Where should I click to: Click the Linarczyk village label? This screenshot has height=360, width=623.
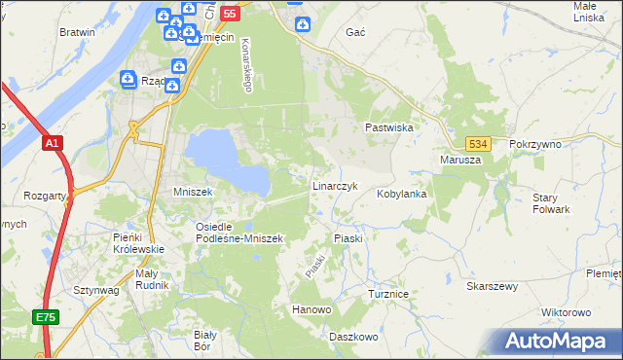point(336,185)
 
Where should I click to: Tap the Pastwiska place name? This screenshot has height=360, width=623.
point(389,127)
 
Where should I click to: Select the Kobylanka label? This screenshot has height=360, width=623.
point(402,194)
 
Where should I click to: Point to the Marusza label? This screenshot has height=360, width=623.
point(460,160)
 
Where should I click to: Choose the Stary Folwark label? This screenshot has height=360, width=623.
point(551,202)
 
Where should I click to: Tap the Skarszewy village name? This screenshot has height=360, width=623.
point(492,286)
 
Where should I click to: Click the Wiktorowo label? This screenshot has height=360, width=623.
point(566,312)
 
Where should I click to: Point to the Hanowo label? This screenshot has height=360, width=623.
point(311,309)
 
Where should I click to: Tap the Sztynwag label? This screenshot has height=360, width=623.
point(95,290)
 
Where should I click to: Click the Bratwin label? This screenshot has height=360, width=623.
point(77,32)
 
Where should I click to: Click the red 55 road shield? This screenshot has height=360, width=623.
point(229,14)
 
